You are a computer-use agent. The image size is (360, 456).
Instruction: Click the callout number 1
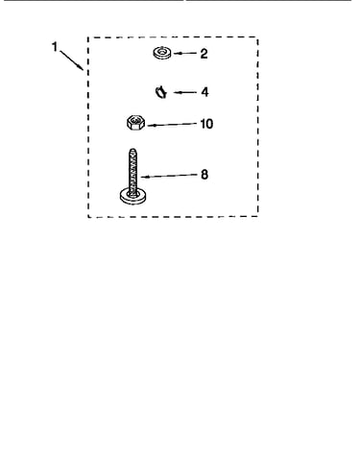(x=55, y=47)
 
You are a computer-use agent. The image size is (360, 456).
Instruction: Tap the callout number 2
(x=204, y=54)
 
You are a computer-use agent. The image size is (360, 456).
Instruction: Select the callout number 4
(x=204, y=92)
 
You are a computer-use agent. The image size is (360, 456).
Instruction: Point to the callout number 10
(x=206, y=124)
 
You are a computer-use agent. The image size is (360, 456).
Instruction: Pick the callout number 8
(x=204, y=175)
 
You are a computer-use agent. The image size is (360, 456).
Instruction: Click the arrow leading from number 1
(x=71, y=60)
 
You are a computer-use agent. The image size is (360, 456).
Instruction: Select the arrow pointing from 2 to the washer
(x=185, y=53)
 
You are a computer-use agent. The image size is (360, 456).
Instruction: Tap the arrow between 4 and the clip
(x=185, y=92)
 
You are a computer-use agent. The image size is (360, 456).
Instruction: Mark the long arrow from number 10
(x=172, y=125)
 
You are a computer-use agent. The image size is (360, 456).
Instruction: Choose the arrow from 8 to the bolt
(x=169, y=176)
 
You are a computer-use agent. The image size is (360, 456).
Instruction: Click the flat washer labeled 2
(x=162, y=53)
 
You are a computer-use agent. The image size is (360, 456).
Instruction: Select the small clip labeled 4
(x=161, y=92)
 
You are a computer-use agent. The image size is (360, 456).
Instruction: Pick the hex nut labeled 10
(x=135, y=123)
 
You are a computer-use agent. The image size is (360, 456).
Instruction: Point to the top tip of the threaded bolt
(x=132, y=149)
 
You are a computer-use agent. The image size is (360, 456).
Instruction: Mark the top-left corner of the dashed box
(x=88, y=37)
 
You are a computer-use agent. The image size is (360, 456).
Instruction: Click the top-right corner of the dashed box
(x=257, y=37)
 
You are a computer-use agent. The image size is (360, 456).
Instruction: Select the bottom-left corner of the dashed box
(x=88, y=217)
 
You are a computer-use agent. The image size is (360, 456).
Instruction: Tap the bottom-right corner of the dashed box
(x=257, y=216)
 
